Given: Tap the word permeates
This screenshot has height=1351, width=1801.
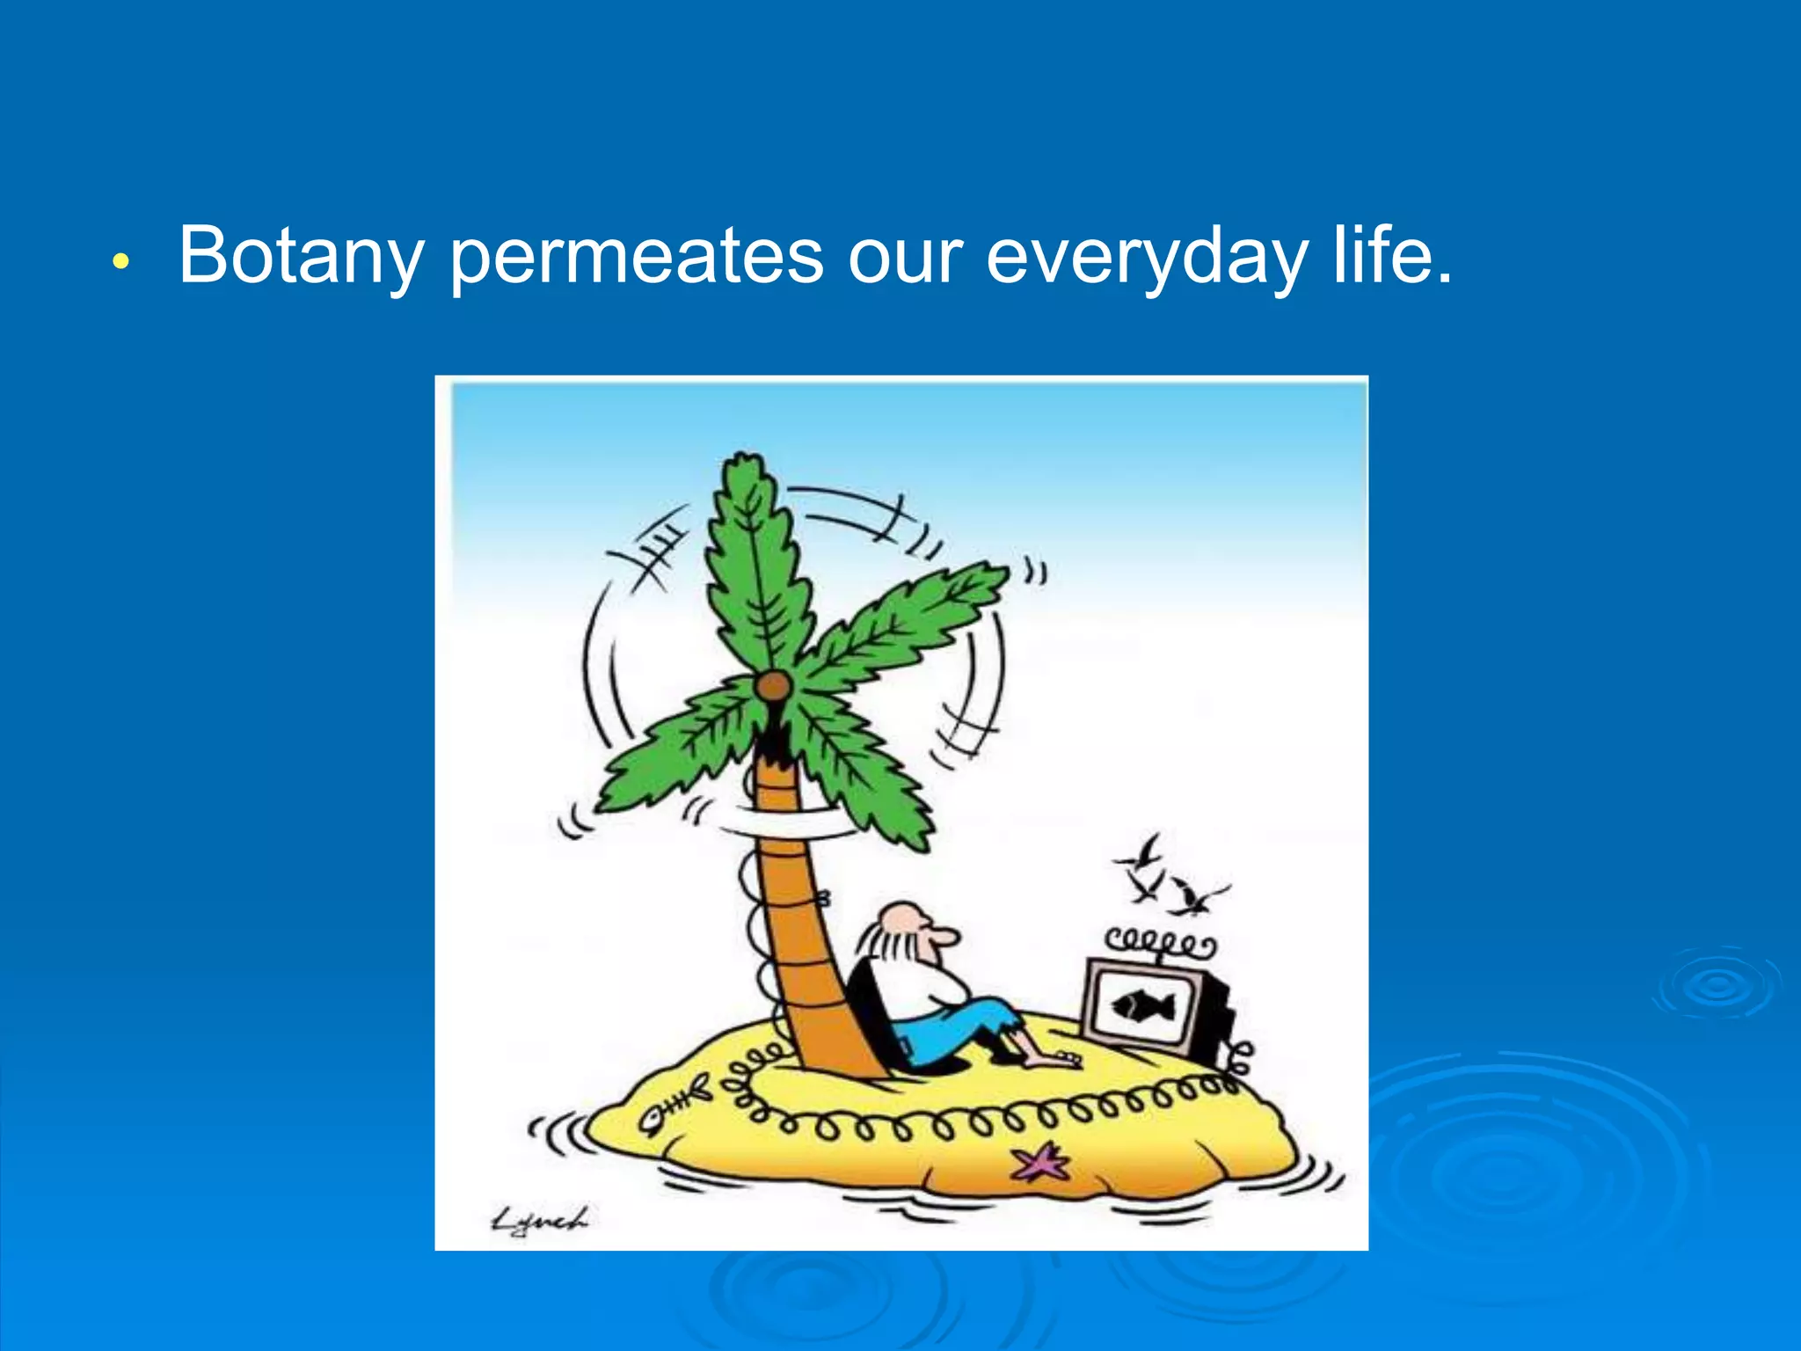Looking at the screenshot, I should [x=637, y=256].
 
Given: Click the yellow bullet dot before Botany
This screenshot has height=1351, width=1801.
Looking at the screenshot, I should [x=121, y=261].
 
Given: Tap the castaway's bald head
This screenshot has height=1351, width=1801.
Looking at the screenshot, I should [x=903, y=919].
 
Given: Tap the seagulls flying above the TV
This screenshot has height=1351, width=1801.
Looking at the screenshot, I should [x=1170, y=880].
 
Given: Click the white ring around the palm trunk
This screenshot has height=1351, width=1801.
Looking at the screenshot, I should [x=791, y=823].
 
